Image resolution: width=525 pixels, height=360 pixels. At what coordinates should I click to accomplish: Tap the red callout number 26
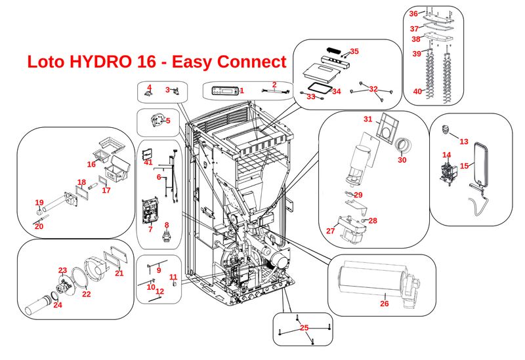[x=385, y=303]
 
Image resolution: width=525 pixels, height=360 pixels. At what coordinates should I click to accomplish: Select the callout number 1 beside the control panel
[x=241, y=90]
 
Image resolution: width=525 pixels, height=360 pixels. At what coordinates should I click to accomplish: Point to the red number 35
[x=354, y=51]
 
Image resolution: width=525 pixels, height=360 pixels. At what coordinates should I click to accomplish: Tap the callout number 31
[x=368, y=119]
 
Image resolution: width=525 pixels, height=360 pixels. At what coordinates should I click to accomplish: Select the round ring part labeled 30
[x=402, y=144]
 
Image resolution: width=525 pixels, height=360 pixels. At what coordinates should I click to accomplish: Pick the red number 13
[x=464, y=141]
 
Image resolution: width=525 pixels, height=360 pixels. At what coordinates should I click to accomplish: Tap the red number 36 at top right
[x=413, y=13]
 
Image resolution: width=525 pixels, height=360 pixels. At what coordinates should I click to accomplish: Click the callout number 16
[x=91, y=164]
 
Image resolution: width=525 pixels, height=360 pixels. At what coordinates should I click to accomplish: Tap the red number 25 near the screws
[x=304, y=327]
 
